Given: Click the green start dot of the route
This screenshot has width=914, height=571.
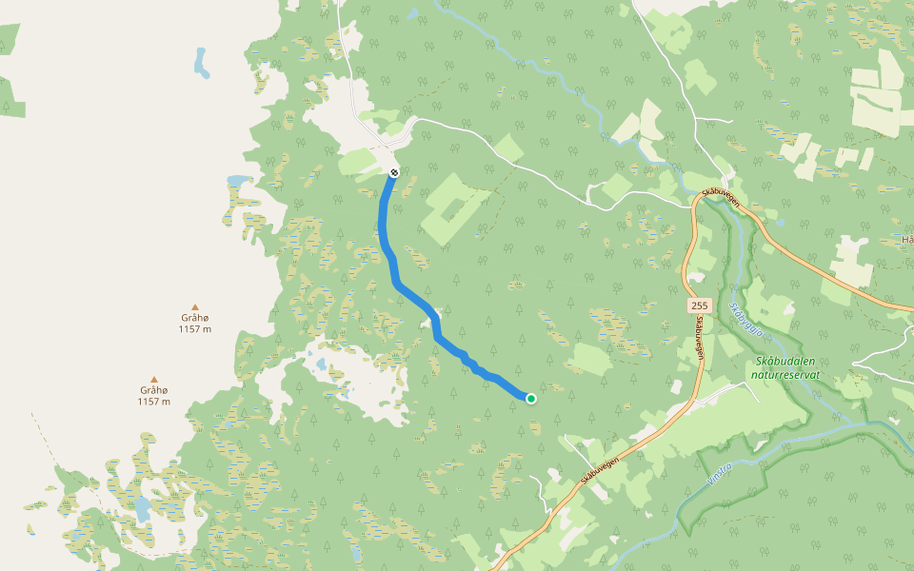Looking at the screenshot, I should [530, 399].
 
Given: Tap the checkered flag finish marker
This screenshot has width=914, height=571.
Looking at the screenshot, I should [393, 172].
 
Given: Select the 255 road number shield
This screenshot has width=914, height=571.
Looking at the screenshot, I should [700, 305].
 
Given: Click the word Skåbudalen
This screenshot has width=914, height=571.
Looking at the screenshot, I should [786, 362].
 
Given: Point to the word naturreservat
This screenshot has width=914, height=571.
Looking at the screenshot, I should [786, 375].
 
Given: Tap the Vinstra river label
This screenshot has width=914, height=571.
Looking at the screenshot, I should [721, 475].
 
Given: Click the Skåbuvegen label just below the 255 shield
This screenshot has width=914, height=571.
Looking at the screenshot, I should [700, 337].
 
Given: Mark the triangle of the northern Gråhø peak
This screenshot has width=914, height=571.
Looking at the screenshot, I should [195, 306].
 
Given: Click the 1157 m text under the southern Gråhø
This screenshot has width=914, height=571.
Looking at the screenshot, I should [154, 402].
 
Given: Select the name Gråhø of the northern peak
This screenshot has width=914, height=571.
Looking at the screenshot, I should [194, 317].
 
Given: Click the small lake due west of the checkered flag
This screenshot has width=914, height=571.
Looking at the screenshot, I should [236, 180].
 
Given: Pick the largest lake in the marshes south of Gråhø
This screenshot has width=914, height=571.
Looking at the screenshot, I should [142, 510].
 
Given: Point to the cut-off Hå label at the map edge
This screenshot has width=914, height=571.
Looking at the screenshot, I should [906, 240].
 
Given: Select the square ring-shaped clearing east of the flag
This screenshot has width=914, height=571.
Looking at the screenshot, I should [451, 205].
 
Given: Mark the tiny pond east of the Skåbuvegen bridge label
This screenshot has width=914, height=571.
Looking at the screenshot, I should [780, 223].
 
